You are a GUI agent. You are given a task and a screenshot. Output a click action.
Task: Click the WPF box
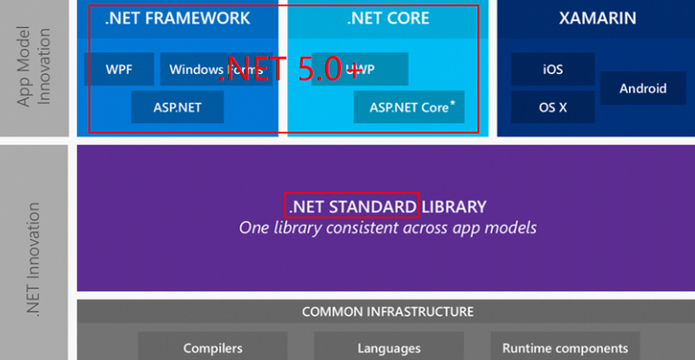[117, 69]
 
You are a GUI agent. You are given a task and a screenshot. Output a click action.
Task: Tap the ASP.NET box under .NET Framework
[177, 106]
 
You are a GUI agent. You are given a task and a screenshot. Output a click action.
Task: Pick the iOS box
[552, 69]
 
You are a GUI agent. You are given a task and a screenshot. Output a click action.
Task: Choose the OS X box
[552, 106]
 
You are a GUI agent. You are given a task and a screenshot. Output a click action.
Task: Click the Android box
[643, 88]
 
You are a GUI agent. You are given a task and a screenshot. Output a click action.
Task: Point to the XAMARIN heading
[597, 18]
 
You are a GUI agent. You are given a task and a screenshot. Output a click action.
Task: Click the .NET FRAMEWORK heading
[178, 18]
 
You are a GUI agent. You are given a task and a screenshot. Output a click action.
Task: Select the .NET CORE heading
[388, 18]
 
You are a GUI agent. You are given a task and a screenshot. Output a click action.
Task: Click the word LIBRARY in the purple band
[454, 207]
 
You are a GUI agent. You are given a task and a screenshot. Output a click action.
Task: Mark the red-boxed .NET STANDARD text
[353, 207]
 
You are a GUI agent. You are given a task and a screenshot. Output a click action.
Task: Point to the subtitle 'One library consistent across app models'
[387, 228]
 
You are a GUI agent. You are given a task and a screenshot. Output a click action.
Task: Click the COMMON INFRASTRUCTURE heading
[387, 312]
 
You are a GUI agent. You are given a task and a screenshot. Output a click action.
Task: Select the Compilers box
[213, 347]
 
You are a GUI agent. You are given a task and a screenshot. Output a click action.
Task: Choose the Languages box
[389, 347]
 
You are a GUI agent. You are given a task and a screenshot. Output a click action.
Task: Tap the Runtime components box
[565, 347]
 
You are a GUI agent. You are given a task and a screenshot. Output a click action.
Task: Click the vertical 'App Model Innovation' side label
[32, 68]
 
